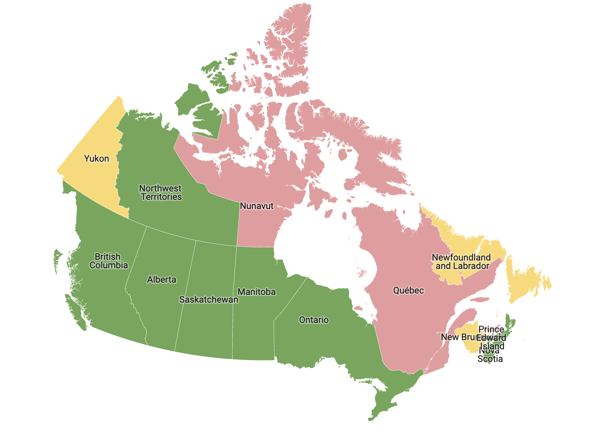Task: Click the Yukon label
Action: pyautogui.click(x=96, y=159)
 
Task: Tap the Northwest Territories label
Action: pyautogui.click(x=161, y=193)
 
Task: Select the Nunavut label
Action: pyautogui.click(x=256, y=206)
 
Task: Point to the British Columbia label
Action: pyautogui.click(x=108, y=261)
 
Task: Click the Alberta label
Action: pyautogui.click(x=161, y=280)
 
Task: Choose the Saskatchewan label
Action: pyautogui.click(x=208, y=300)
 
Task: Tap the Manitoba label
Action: pyautogui.click(x=256, y=292)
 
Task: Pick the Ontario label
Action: pyautogui.click(x=314, y=320)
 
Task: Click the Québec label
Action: pyautogui.click(x=408, y=291)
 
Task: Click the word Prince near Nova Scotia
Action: pyautogui.click(x=491, y=330)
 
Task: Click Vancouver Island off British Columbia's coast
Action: pyautogui.click(x=75, y=309)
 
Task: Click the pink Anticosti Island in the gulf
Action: pyautogui.click(x=479, y=300)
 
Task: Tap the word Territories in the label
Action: pyautogui.click(x=161, y=197)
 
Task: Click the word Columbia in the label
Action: pyautogui.click(x=109, y=265)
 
